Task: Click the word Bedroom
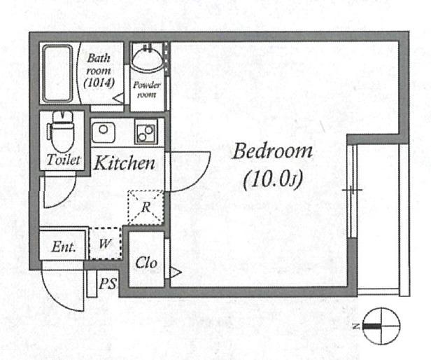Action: (272, 151)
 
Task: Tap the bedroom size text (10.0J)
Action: (273, 179)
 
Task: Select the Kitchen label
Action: (125, 162)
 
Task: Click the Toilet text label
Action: (64, 160)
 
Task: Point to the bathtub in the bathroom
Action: (57, 74)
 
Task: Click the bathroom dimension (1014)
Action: (99, 83)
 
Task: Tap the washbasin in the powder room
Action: (148, 59)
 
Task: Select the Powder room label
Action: (147, 90)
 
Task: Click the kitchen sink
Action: (103, 132)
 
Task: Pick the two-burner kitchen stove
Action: (146, 132)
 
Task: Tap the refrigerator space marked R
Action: (146, 207)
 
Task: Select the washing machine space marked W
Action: (105, 244)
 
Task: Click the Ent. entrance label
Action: (64, 247)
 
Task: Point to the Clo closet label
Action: (146, 263)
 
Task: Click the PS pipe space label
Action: (108, 283)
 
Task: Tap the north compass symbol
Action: (381, 326)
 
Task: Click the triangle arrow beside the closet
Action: (175, 272)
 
